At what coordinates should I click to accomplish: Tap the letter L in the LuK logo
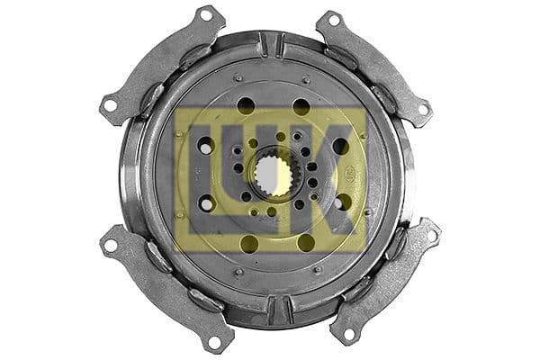203,171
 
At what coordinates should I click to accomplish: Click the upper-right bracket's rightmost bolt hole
422,109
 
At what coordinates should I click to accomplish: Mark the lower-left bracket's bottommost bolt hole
213,341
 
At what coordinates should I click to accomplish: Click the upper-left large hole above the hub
246,104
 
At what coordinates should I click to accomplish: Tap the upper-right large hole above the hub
301,106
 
